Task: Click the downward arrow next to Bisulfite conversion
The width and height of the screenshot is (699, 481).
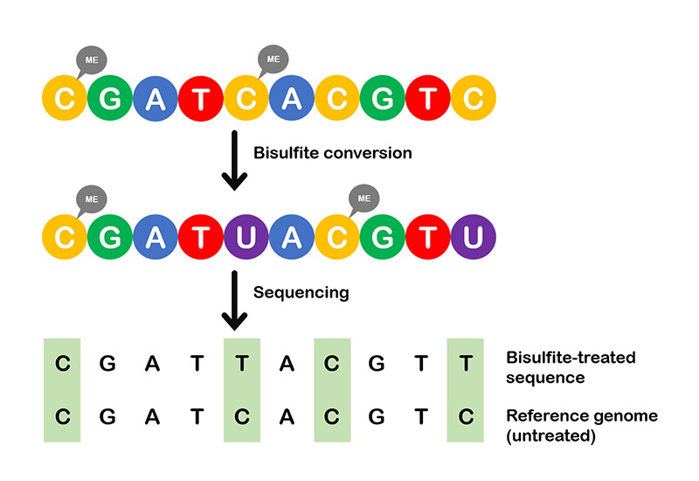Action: click(234, 161)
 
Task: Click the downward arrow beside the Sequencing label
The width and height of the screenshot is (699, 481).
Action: click(234, 300)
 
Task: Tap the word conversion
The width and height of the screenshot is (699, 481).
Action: click(368, 153)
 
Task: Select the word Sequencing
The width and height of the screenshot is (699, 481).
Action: click(301, 293)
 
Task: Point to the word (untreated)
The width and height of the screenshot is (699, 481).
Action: click(551, 436)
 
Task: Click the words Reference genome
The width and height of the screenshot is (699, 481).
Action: click(582, 416)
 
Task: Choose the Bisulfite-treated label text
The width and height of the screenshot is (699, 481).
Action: click(571, 358)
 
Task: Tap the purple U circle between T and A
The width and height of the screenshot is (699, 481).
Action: click(246, 237)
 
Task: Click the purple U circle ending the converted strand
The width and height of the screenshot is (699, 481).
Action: click(474, 237)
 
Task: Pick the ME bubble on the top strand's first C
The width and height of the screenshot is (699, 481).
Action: click(92, 60)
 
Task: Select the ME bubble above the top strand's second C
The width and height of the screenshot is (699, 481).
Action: click(273, 59)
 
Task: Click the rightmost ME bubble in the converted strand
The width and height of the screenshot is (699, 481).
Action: click(363, 199)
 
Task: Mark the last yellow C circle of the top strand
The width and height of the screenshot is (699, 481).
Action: click(474, 98)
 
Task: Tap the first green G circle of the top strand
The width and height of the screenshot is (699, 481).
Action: click(110, 98)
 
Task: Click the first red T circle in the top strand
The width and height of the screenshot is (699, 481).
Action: click(201, 98)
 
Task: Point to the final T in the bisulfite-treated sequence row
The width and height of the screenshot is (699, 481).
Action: click(466, 364)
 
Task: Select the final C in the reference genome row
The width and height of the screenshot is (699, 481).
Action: click(466, 417)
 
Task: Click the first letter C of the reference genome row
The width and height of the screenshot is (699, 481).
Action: click(62, 417)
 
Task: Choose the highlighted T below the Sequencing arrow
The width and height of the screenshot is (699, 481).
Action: click(242, 364)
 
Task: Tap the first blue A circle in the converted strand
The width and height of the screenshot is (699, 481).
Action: click(156, 237)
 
